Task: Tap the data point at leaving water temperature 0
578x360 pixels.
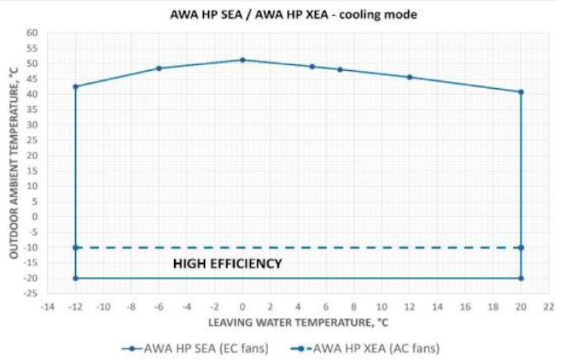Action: point(243,60)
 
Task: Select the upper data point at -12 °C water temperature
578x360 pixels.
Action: point(76,87)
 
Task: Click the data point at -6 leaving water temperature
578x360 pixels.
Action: point(160,69)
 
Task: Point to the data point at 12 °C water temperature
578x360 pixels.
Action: point(410,77)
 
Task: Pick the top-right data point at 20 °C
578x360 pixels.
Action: point(521,92)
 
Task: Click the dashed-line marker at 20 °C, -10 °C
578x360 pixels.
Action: point(521,247)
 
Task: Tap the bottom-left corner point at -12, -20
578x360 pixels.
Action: point(76,278)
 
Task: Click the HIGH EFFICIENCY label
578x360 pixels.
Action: point(228,264)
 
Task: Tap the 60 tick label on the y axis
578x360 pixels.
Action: point(33,33)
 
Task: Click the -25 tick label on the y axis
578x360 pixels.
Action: point(31,293)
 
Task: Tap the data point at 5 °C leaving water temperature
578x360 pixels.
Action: point(312,67)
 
